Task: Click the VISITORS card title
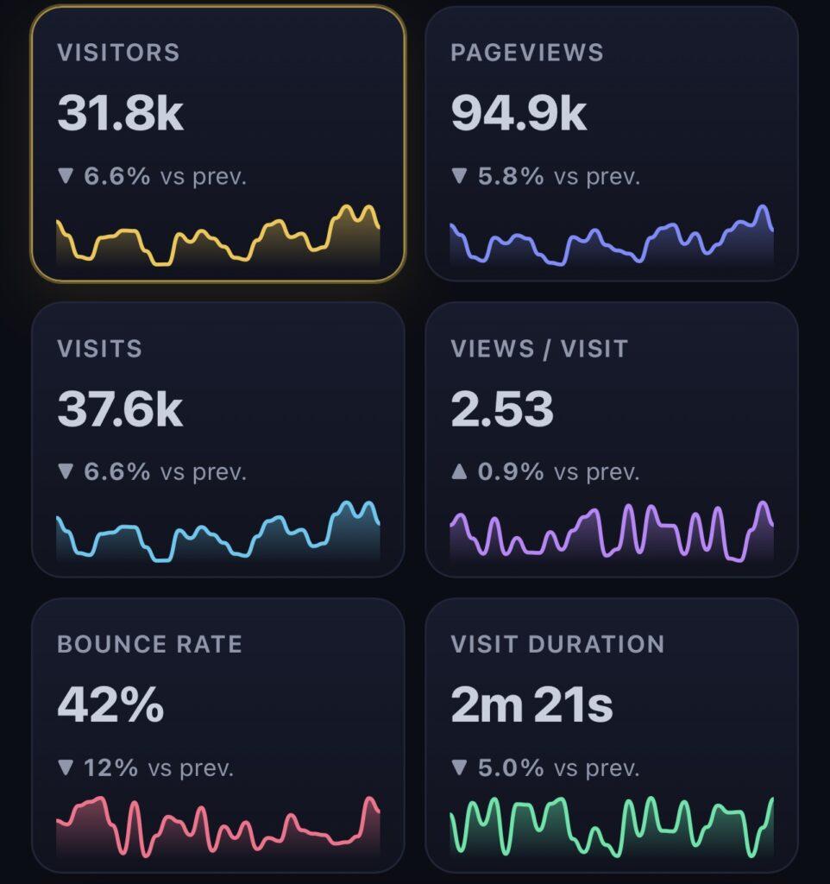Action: coord(118,53)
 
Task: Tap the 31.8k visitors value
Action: coord(121,113)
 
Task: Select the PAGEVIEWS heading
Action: coord(527,53)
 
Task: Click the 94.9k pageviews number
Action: coord(519,113)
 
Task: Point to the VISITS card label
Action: coord(100,349)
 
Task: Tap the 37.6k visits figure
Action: coord(120,408)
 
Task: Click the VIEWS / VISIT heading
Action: coord(539,349)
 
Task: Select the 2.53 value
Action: coord(502,408)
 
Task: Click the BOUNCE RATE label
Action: coord(149,644)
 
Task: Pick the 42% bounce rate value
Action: coord(110,704)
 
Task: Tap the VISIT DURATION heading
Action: coord(557,644)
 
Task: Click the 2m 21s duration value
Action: coord(531,704)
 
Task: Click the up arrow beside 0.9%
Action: coord(459,471)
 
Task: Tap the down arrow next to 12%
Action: coord(66,767)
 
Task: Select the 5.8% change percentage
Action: coord(511,176)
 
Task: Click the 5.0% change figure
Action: coord(511,767)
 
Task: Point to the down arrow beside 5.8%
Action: coord(459,176)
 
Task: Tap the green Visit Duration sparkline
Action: coord(612,826)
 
